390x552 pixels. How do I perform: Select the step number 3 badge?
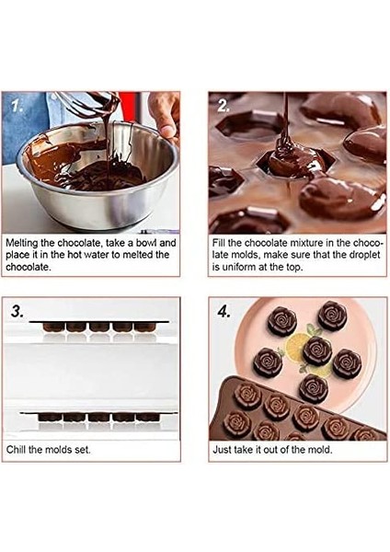click(18, 310)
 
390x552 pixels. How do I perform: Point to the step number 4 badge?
click(223, 310)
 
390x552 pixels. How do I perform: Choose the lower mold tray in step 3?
click(92, 419)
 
